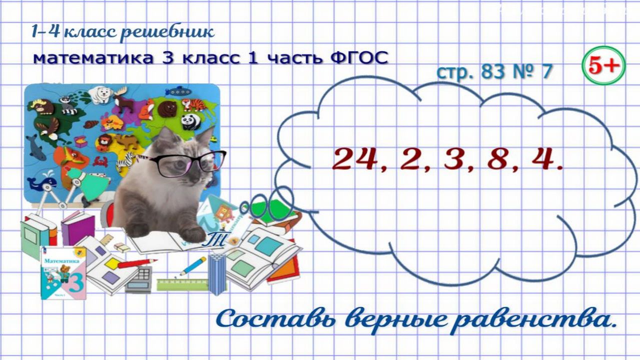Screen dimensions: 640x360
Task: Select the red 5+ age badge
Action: pos(603,66)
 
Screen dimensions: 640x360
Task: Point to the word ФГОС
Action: pos(359,58)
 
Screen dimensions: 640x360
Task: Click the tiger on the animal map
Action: pos(194,104)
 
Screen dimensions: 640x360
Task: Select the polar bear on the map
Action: pos(100,94)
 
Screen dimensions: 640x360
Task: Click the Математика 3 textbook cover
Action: pos(64,273)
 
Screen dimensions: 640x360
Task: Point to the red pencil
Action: pos(137,263)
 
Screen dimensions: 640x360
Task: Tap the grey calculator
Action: pos(139,279)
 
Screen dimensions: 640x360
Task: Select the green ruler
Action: pos(183,285)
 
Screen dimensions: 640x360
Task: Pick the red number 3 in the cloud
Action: pos(455,159)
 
